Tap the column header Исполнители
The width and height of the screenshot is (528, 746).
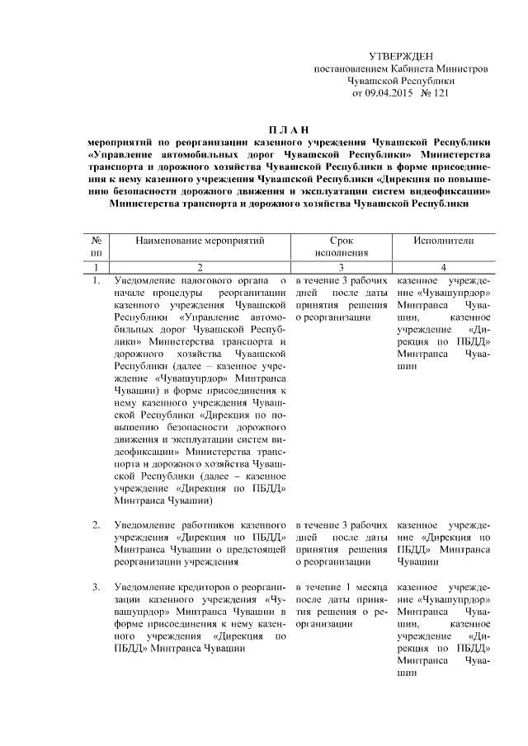coord(444,240)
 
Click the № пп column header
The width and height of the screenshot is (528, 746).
coord(97,246)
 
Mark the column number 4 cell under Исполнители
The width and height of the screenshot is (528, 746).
coord(444,267)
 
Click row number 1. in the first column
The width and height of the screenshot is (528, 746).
coord(97,281)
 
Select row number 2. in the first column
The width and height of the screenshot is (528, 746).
coord(97,525)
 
